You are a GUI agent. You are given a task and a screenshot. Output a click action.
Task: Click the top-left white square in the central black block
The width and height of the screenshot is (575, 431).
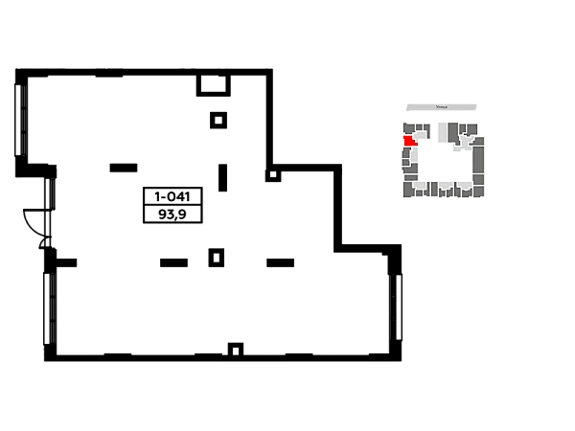click(149, 195)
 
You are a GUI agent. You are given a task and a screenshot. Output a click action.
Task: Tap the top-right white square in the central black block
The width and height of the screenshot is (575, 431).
click(195, 195)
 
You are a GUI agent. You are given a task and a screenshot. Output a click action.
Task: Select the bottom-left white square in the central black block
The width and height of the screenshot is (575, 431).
click(149, 211)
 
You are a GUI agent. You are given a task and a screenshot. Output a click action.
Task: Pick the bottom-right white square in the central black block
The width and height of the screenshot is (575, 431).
click(195, 211)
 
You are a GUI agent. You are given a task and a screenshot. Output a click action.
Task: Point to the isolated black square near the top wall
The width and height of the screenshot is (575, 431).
click(218, 119)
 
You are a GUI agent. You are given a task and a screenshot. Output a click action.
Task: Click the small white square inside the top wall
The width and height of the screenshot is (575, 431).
click(211, 80)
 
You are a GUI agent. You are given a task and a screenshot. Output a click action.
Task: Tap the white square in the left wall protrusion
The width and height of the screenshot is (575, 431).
click(34, 218)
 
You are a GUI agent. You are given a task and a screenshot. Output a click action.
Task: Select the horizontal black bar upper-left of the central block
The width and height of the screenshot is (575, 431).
click(123, 169)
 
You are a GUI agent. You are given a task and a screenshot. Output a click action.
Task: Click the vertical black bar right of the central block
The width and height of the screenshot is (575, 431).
click(222, 179)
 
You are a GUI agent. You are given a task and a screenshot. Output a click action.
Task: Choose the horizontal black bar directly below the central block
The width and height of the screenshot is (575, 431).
click(172, 261)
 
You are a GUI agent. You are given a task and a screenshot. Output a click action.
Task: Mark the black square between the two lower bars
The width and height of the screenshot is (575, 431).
click(218, 257)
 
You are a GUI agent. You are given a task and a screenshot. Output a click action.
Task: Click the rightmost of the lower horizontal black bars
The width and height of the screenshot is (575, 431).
click(280, 261)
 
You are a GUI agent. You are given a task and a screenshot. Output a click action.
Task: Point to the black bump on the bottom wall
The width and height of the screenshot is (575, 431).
click(234, 345)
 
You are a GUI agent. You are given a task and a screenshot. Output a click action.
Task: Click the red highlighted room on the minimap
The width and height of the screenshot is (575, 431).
click(409, 141)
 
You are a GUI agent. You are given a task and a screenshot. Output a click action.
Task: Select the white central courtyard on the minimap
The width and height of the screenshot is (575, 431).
click(443, 160)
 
